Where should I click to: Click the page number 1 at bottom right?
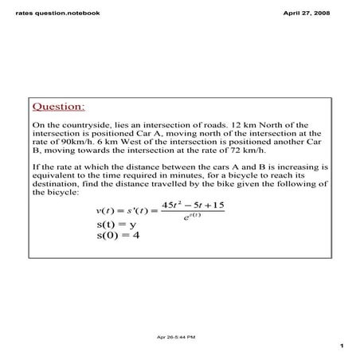point(340,346)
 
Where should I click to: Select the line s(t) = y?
point(116,225)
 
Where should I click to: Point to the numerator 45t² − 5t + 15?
point(191,205)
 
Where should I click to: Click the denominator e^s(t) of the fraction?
point(188,217)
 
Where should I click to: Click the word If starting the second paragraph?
point(35,167)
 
